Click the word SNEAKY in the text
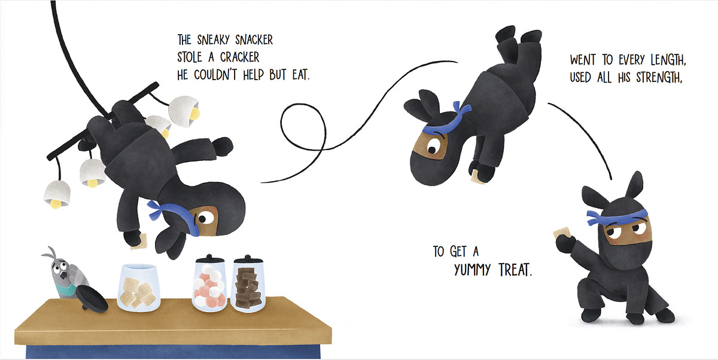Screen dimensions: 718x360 213,40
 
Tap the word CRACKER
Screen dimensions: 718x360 239,57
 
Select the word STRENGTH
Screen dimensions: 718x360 659,78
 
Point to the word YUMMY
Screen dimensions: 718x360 472,270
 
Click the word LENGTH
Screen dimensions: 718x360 668,60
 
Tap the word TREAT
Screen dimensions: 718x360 515,270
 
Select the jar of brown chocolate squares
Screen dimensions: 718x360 248,284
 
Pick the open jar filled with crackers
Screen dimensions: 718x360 138,288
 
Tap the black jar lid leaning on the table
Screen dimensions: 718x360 92,298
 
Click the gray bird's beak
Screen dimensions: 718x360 66,276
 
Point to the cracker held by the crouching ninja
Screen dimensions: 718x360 562,233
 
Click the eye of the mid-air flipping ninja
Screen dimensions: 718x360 433,149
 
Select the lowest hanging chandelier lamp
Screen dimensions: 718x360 57,194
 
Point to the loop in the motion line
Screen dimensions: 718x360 303,127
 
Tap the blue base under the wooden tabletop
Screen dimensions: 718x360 173,352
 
